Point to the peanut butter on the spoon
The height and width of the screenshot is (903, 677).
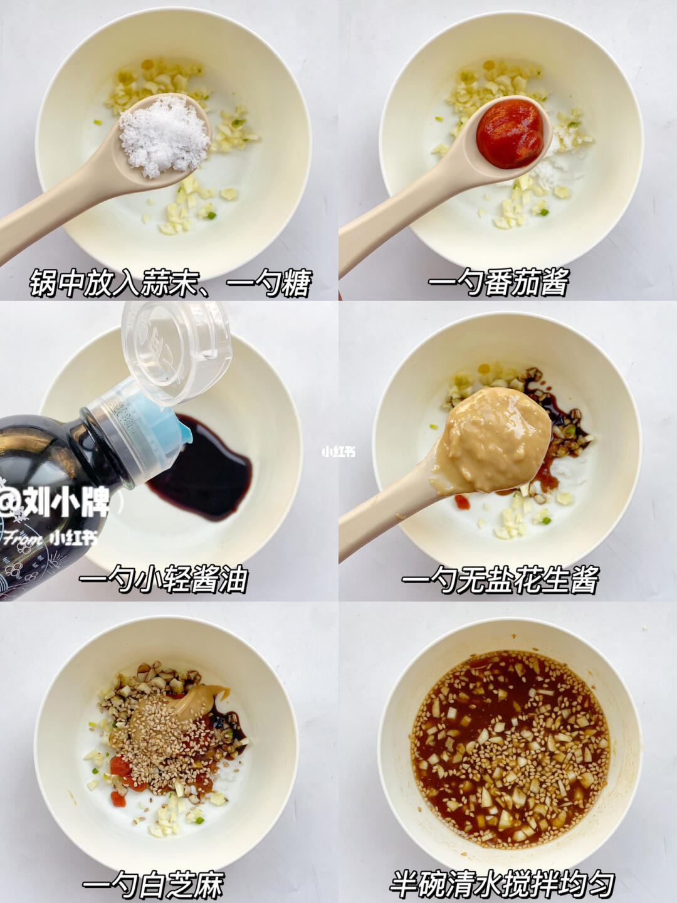[x=493, y=440]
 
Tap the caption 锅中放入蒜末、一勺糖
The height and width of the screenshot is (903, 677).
[x=170, y=283]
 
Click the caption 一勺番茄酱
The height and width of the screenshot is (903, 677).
[x=498, y=282]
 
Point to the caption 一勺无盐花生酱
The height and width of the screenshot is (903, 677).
[x=500, y=579]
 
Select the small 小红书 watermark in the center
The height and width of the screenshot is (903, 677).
[x=338, y=452]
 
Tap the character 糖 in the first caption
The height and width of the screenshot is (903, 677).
[x=297, y=283]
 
